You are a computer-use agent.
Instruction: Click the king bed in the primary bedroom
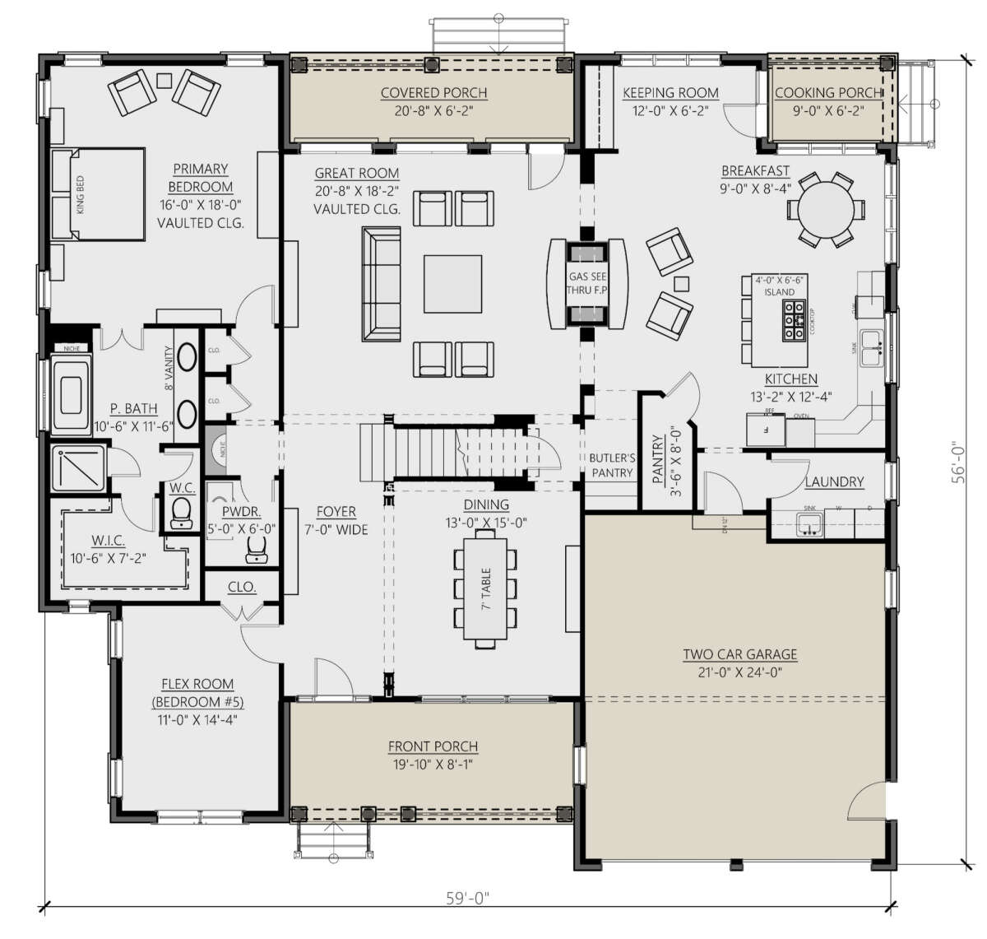click(x=99, y=194)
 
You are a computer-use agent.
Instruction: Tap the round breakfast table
click(x=825, y=210)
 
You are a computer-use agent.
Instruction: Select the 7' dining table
click(x=485, y=588)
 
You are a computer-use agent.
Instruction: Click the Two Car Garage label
click(x=739, y=654)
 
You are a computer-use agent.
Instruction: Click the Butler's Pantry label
click(x=611, y=465)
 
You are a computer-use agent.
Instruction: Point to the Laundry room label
click(x=834, y=481)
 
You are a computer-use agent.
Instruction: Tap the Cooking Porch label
click(x=827, y=93)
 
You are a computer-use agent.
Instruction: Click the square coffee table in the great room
click(x=452, y=284)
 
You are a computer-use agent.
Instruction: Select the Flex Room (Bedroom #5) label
click(x=197, y=693)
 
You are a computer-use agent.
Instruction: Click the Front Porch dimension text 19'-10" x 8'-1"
click(x=433, y=764)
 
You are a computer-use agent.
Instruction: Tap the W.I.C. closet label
click(x=108, y=541)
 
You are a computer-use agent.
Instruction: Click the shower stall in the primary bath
click(x=77, y=468)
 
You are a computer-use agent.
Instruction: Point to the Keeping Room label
click(x=670, y=93)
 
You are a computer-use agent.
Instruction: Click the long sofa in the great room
click(x=380, y=284)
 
